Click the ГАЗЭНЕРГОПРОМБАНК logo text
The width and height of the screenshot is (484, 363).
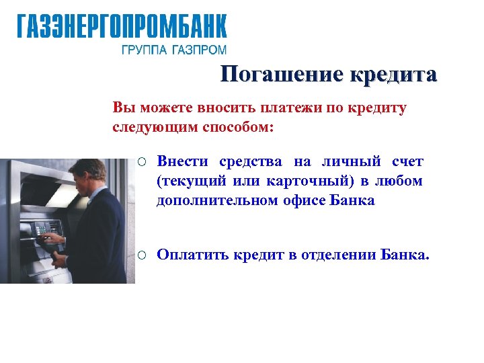click(x=122, y=27)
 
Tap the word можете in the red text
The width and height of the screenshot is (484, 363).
click(x=159, y=108)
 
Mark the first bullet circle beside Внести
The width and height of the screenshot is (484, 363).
click(x=142, y=162)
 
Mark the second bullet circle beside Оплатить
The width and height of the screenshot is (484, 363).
click(x=142, y=255)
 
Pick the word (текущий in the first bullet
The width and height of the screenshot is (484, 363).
click(x=192, y=181)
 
